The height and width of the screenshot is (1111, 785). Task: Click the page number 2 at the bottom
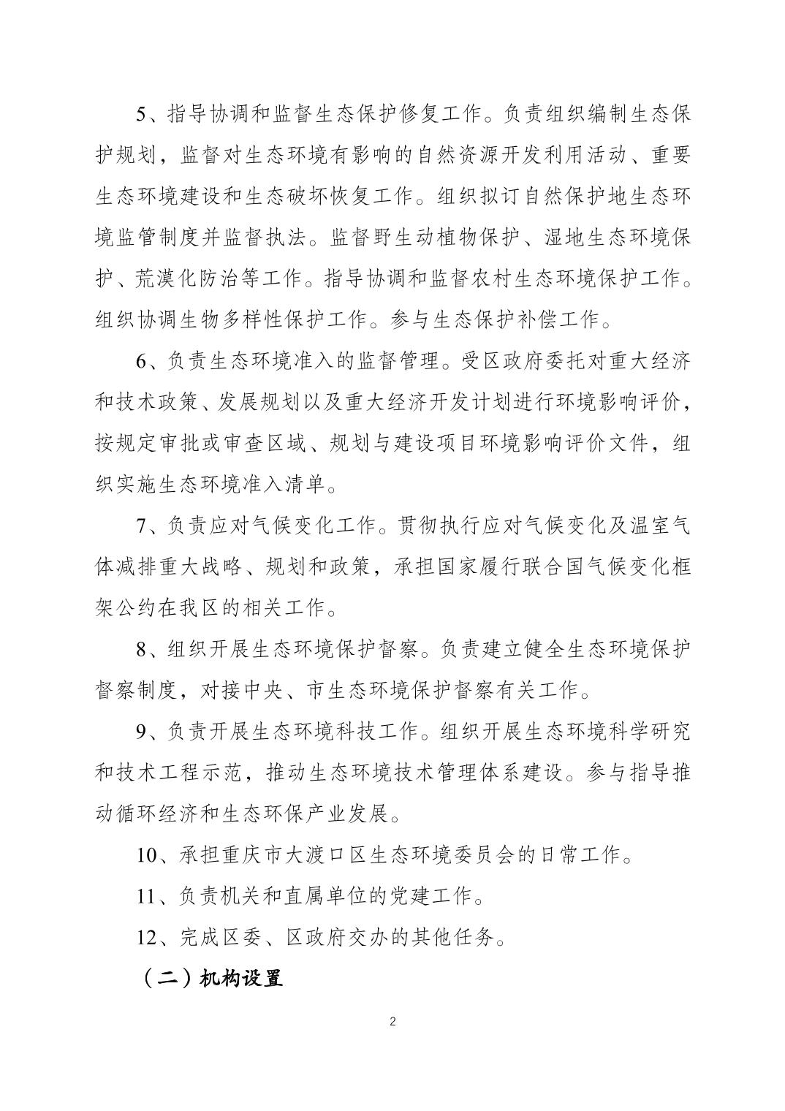393,1021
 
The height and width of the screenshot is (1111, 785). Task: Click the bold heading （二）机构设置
210,979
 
